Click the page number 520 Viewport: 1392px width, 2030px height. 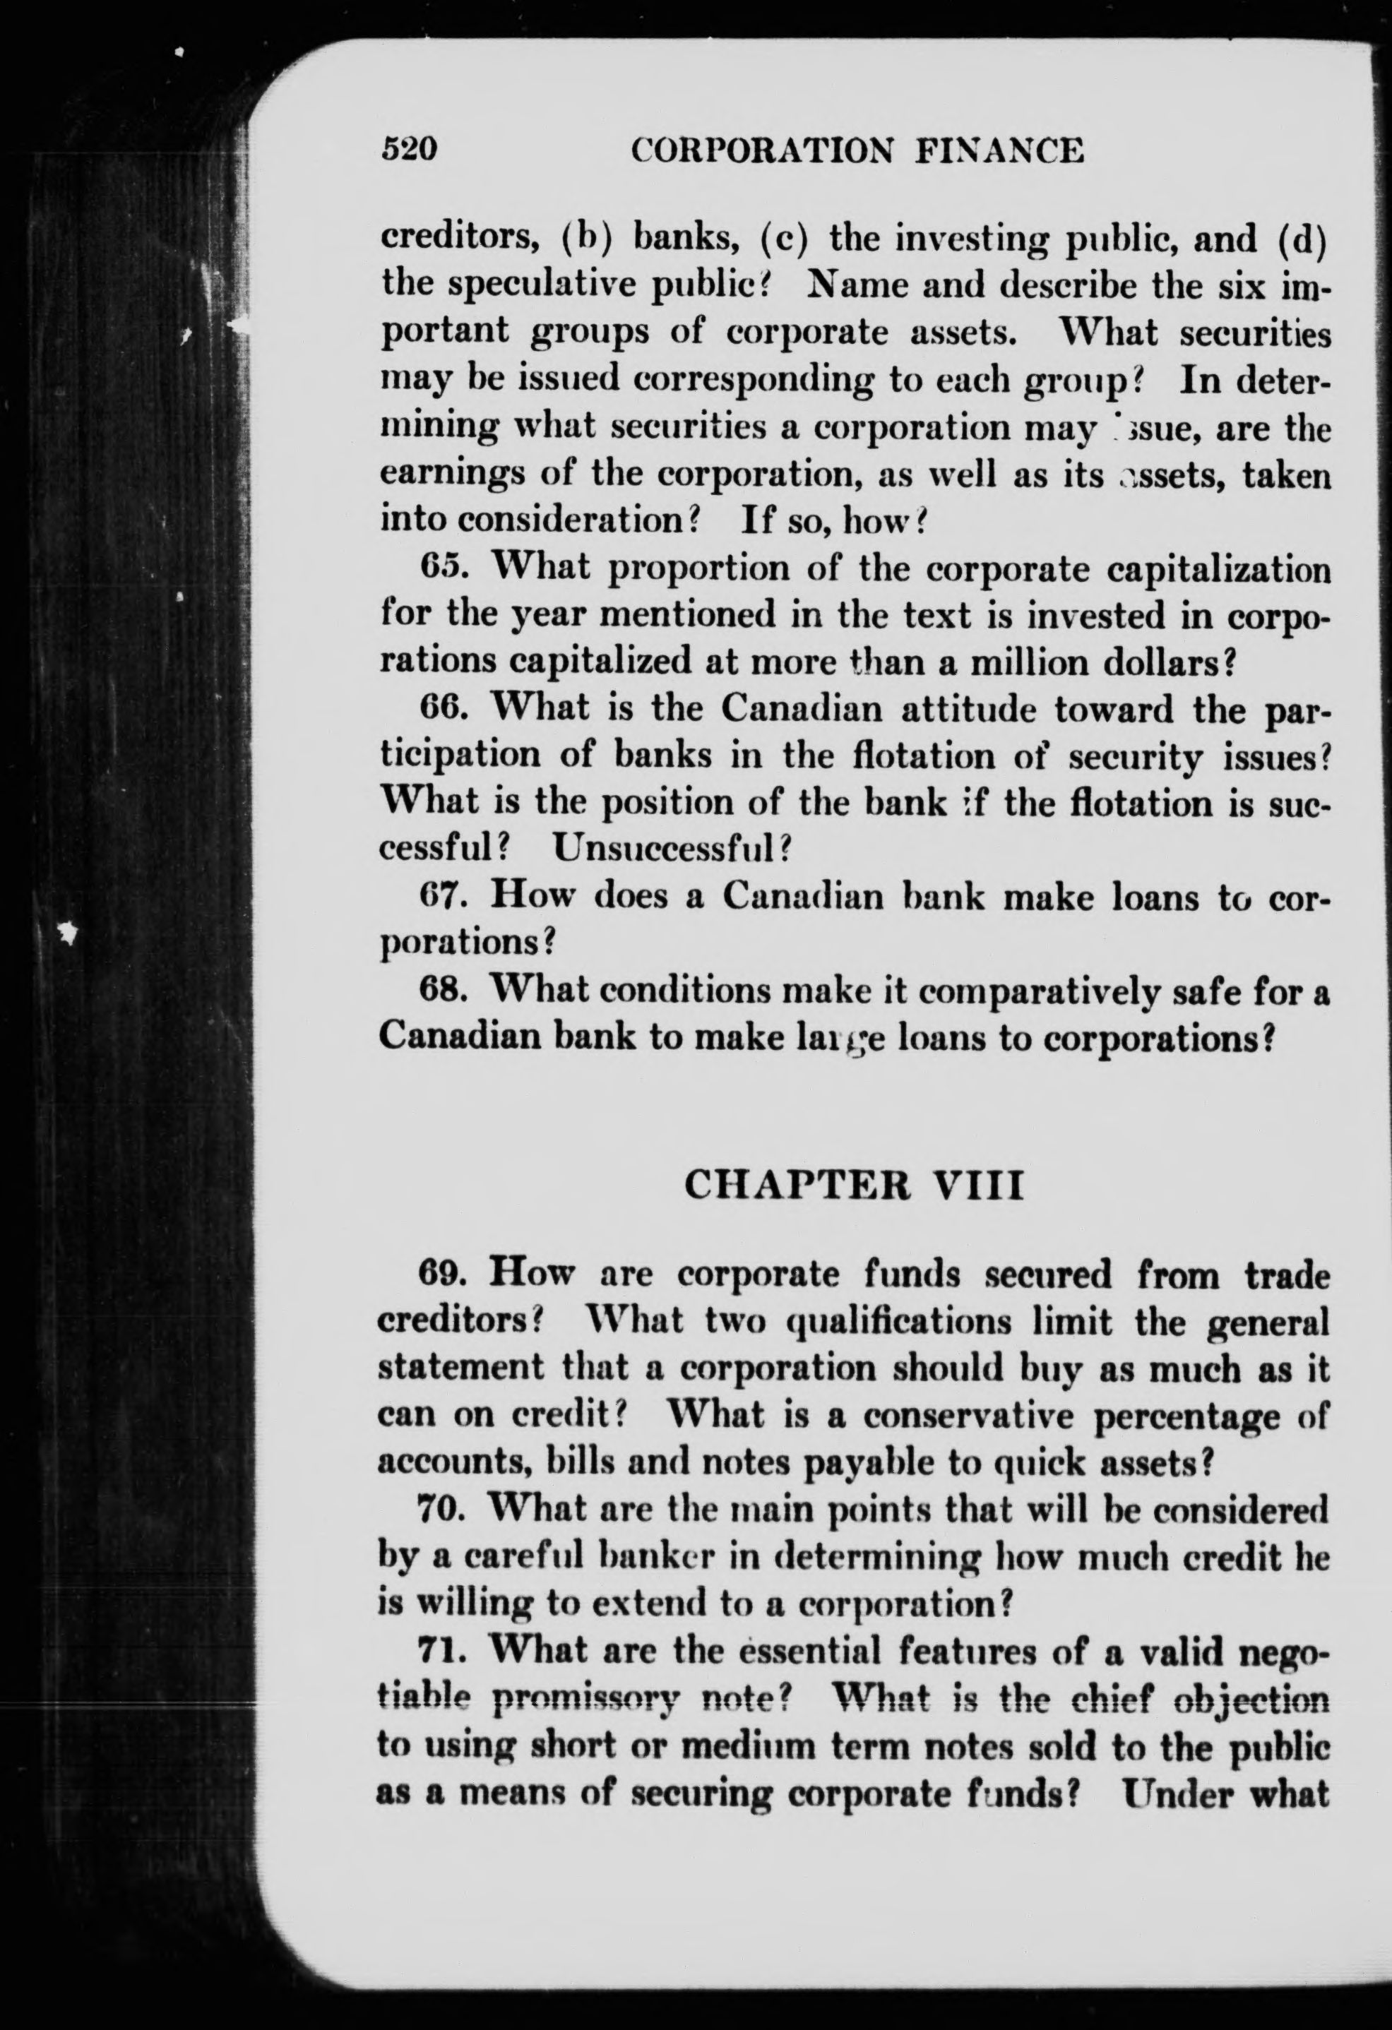tap(409, 151)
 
